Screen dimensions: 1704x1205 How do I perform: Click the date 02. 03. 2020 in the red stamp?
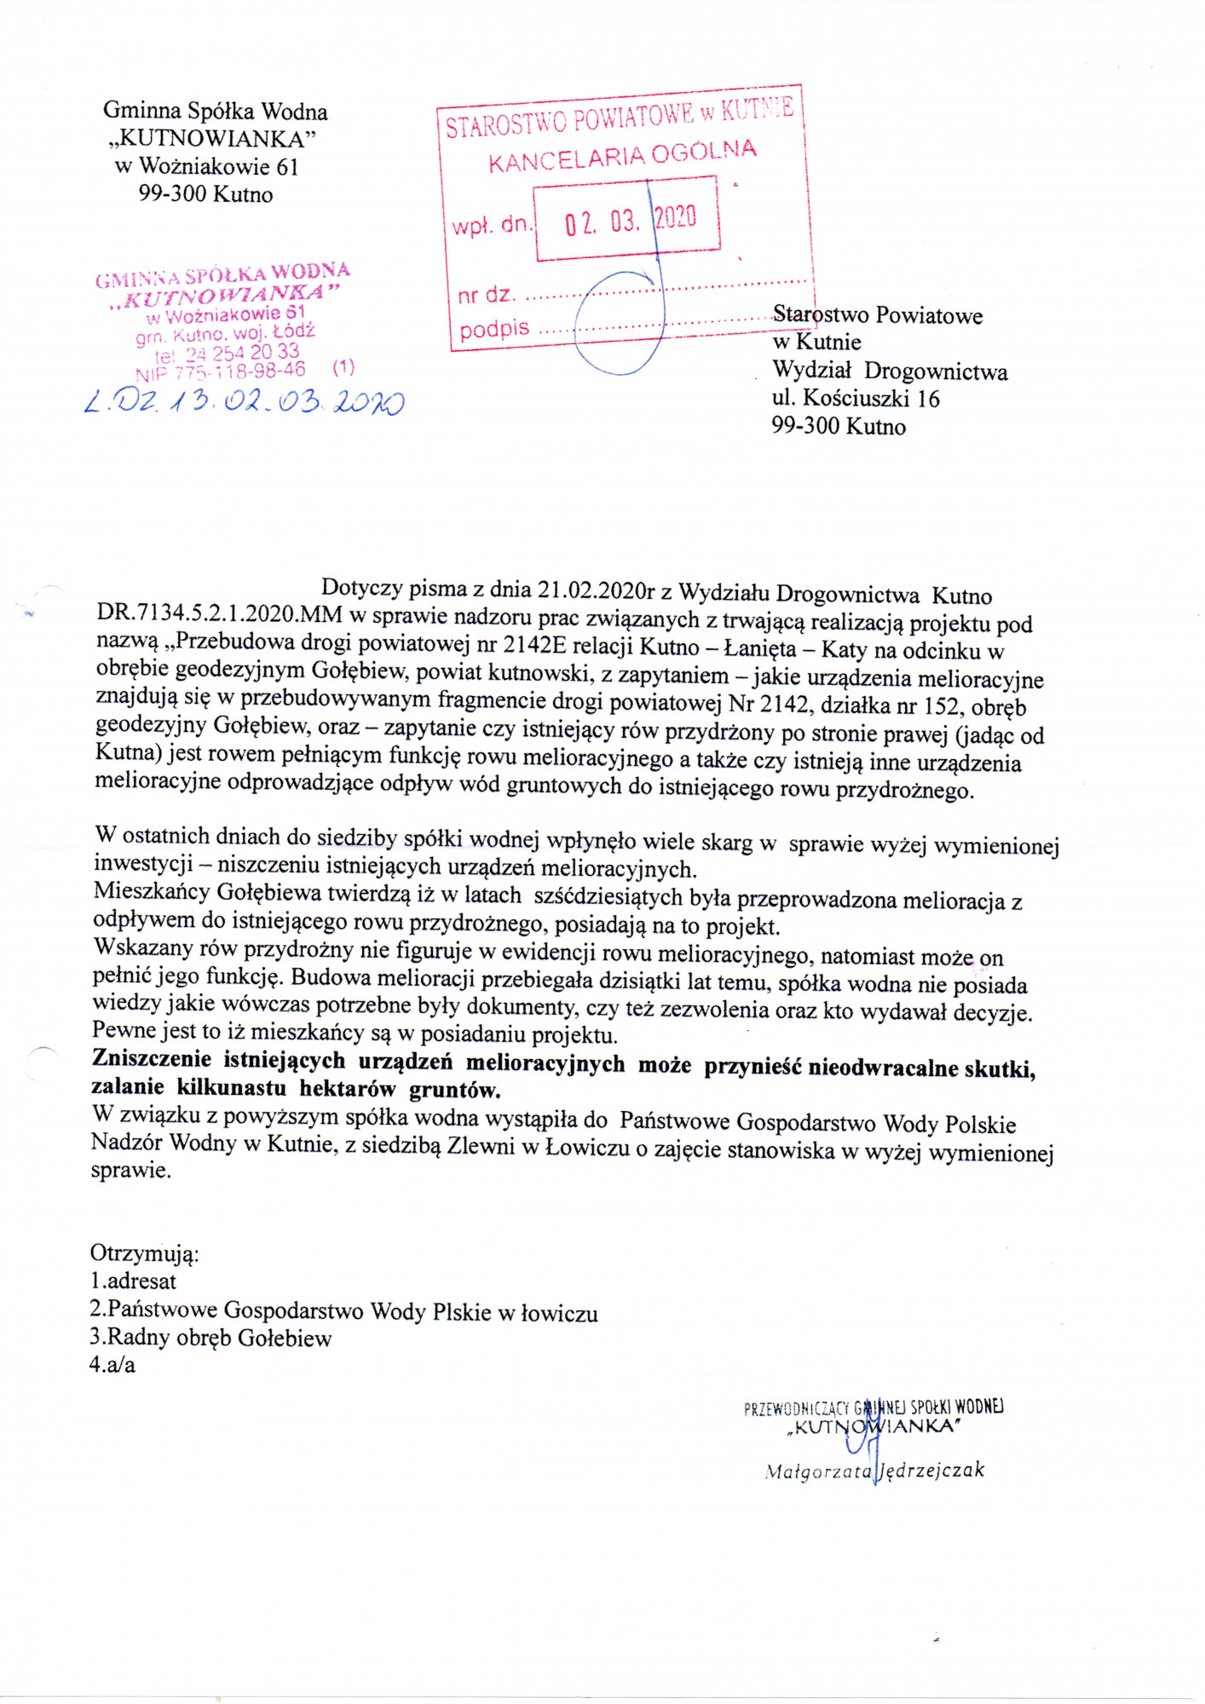coord(630,221)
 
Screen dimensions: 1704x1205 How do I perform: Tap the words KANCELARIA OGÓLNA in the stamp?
coord(622,156)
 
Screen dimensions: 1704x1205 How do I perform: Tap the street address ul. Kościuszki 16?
coord(856,399)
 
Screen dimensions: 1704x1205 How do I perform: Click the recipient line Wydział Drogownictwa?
coord(890,371)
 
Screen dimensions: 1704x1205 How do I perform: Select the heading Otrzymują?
coord(145,1253)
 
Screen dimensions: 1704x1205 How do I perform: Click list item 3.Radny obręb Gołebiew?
coord(210,1338)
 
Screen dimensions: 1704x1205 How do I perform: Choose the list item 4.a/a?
coord(112,1365)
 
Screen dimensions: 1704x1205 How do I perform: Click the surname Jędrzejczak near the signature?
coord(932,1470)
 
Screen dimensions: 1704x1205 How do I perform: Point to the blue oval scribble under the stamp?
coord(619,324)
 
